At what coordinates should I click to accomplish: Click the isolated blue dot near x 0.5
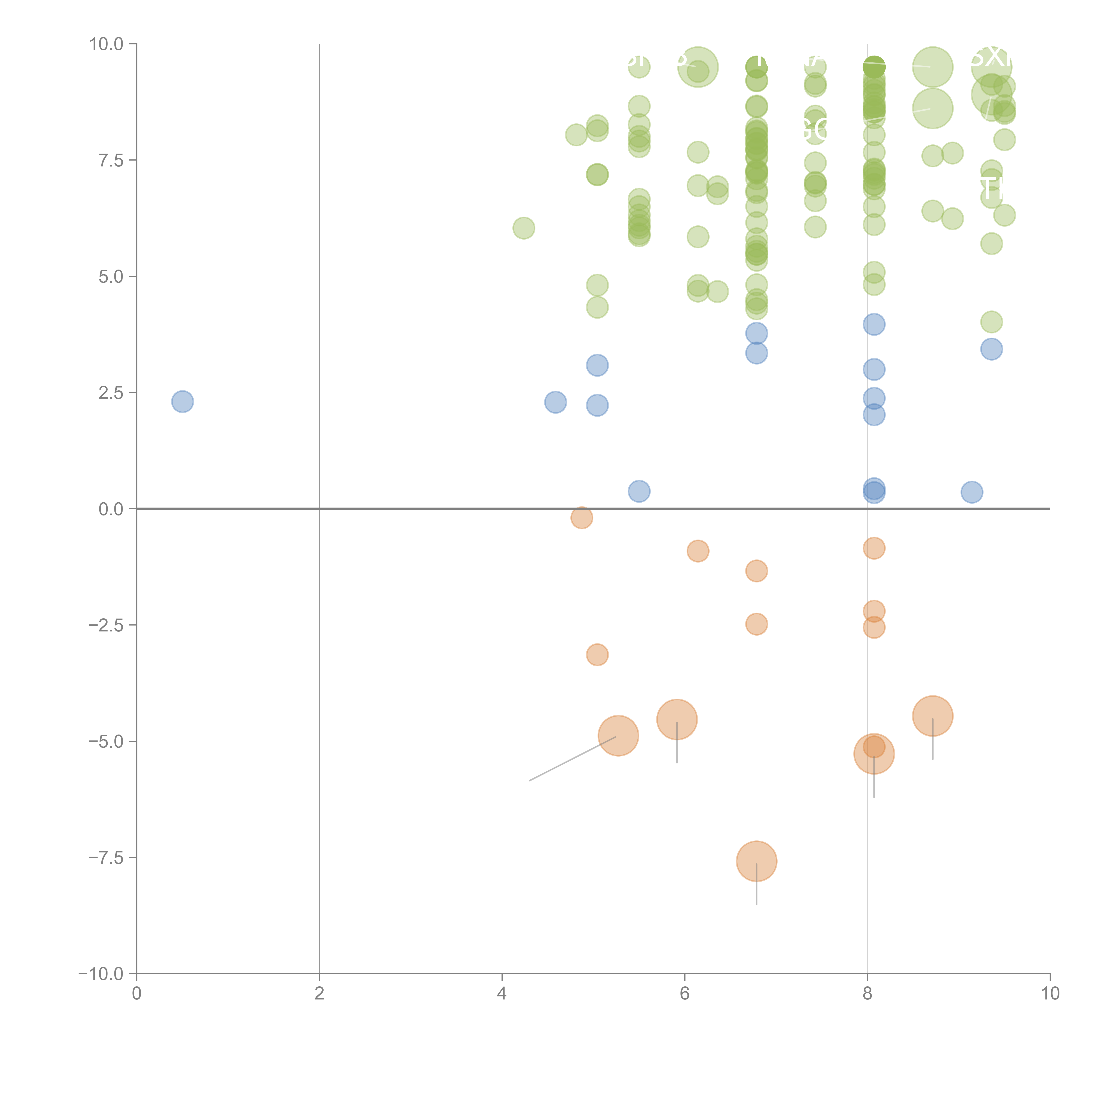[182, 401]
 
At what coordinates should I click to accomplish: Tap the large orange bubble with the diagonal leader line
[618, 736]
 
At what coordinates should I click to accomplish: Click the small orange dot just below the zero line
[582, 517]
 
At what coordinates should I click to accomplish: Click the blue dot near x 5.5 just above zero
[639, 491]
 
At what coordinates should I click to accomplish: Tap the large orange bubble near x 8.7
[933, 716]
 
